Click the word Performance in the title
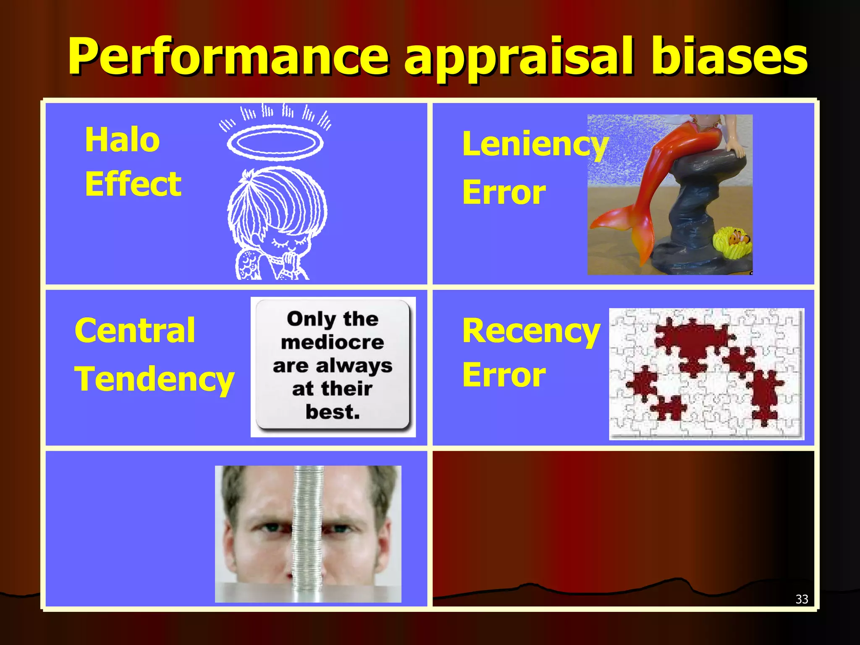(229, 57)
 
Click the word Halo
(122, 140)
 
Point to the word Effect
(133, 184)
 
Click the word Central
(135, 330)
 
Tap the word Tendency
(154, 379)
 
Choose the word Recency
(531, 331)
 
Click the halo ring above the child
(275, 142)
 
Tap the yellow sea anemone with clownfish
(733, 243)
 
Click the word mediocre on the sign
(332, 343)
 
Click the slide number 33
(802, 599)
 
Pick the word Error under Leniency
(504, 193)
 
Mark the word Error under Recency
(504, 375)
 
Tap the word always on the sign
(354, 366)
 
